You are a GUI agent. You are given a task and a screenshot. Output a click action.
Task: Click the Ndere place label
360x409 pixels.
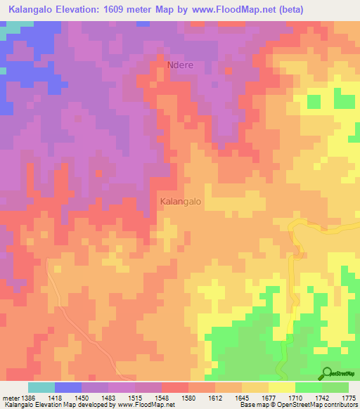180,65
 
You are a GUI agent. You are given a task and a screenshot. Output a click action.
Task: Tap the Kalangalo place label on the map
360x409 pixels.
181,201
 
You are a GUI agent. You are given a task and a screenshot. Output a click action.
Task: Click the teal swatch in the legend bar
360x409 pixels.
41,387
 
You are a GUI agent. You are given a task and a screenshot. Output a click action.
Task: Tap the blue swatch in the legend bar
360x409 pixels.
68,387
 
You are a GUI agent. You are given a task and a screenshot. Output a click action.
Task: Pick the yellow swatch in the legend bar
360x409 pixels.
282,387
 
